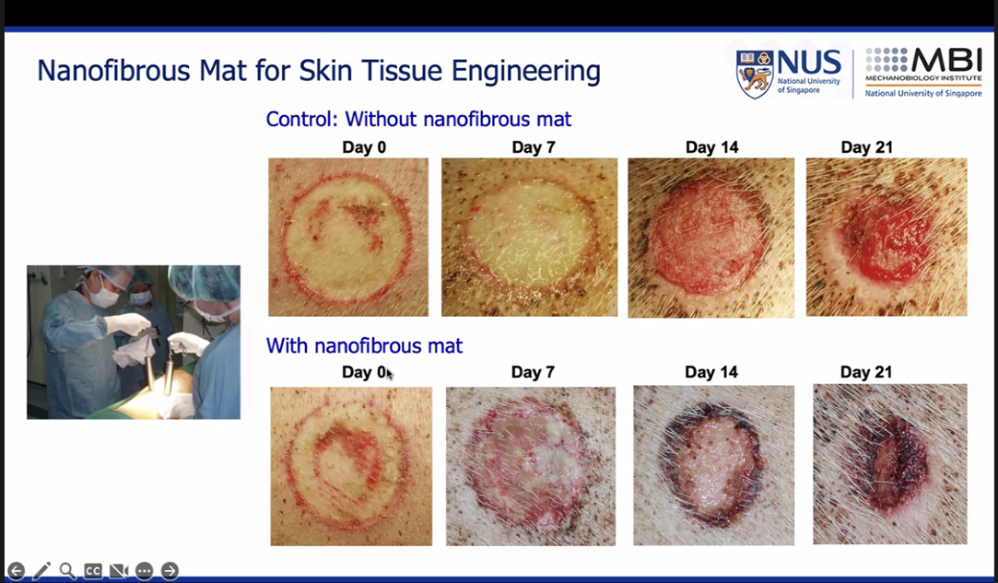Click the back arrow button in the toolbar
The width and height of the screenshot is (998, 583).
pos(16,570)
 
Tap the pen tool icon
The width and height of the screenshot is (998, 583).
pos(41,570)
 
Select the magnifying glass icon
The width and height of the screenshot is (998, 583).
pos(67,570)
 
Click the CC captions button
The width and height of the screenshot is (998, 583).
pos(93,571)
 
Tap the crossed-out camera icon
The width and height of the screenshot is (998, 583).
pos(119,571)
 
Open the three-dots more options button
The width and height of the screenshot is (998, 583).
pos(145,571)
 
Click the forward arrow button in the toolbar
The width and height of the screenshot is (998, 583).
pos(170,570)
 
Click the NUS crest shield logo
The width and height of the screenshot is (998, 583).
pos(755,75)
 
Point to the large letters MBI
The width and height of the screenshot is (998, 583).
pos(946,61)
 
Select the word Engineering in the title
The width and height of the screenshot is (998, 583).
pos(526,71)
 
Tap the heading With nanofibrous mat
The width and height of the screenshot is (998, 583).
pos(364,345)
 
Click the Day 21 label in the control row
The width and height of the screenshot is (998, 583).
pos(866,147)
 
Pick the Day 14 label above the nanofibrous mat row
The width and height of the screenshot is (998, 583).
pos(710,372)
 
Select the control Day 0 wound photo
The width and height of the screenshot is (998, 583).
pos(348,238)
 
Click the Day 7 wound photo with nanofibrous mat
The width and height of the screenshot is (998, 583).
pos(531,466)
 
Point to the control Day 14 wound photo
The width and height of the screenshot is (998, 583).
pos(710,238)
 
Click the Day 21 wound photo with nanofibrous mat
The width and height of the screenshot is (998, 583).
pos(890,464)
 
